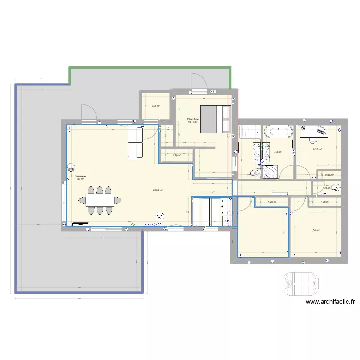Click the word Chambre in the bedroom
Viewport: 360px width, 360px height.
(193, 119)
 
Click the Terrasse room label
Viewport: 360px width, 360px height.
(80, 176)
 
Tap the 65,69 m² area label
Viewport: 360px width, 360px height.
(158, 190)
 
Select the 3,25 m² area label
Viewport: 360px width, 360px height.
(156, 107)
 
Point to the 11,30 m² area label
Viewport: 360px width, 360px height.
(315, 230)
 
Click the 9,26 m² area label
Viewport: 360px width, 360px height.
(317, 149)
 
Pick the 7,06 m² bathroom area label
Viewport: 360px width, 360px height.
(277, 152)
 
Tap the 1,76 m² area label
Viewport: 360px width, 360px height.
(177, 155)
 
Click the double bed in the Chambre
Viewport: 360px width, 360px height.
(216, 119)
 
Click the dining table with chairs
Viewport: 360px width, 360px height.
(100, 199)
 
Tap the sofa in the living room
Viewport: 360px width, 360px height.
(135, 142)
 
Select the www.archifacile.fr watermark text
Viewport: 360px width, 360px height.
(330, 302)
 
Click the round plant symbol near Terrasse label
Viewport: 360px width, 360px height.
(71, 168)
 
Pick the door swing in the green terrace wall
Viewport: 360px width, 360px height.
(198, 82)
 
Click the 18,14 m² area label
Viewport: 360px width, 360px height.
(193, 122)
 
